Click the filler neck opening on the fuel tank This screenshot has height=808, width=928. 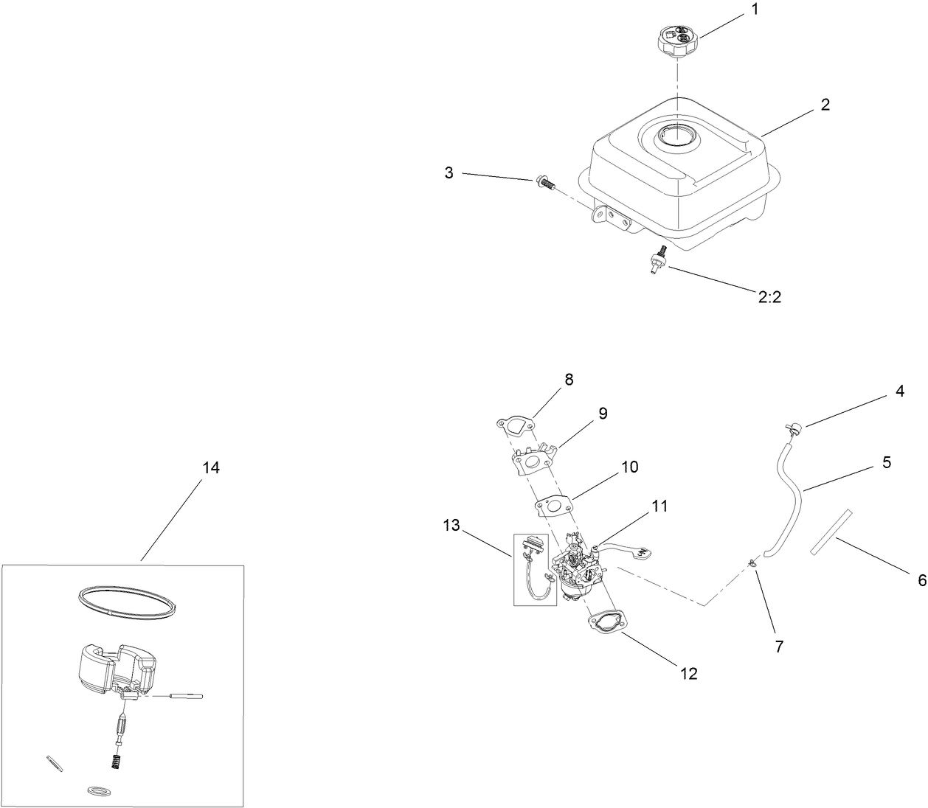(677, 137)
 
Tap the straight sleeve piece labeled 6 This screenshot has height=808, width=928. (831, 530)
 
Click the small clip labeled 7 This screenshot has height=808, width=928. (752, 563)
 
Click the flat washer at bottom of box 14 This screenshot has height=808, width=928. (96, 790)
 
